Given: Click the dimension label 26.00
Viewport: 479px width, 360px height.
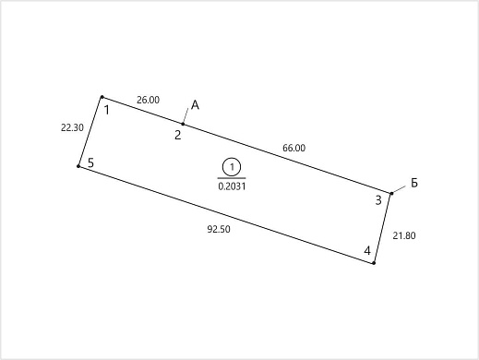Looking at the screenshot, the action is click(148, 100).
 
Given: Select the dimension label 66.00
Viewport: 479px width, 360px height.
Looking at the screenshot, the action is click(293, 148).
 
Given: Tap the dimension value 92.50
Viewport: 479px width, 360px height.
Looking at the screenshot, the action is click(219, 229).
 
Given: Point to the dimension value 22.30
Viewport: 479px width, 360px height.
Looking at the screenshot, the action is click(72, 127).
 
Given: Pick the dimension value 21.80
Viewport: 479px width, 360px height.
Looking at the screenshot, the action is click(404, 235).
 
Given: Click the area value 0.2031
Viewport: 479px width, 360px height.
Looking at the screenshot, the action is click(232, 186).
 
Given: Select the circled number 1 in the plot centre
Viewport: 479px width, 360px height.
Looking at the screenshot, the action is click(232, 167).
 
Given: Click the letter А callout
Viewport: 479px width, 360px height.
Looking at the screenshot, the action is click(195, 105).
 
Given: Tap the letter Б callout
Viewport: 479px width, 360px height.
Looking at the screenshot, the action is click(414, 183).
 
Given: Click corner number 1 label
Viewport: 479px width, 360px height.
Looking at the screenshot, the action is click(107, 110).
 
